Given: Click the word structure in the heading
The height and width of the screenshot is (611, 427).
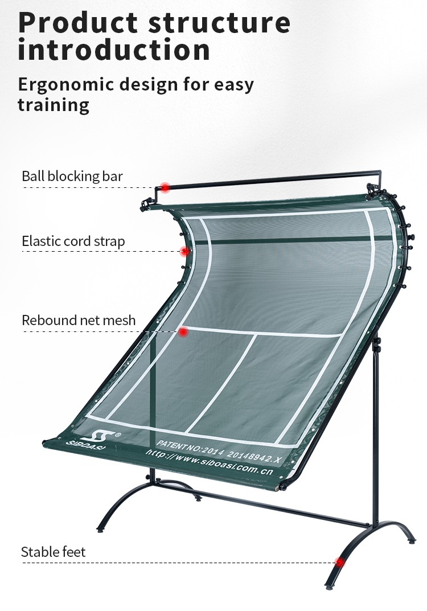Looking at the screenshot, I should click(x=220, y=23).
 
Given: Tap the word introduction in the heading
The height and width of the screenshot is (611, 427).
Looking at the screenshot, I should click(x=114, y=50).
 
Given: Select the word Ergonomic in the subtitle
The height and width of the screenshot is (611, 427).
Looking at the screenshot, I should click(x=66, y=85).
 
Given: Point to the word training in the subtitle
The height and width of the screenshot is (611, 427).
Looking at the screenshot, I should click(x=54, y=105).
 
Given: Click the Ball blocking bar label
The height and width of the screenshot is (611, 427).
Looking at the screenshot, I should click(x=72, y=176).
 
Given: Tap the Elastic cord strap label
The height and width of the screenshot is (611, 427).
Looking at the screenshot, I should click(x=73, y=241).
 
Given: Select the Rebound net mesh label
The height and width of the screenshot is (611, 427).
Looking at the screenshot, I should click(x=79, y=320).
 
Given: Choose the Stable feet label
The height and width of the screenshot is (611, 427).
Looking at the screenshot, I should click(x=53, y=552).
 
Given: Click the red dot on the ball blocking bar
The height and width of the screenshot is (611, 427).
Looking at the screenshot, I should click(x=165, y=187).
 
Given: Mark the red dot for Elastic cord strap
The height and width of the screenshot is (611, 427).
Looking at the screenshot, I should click(x=184, y=251).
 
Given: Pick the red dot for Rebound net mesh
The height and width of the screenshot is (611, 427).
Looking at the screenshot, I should click(x=183, y=331).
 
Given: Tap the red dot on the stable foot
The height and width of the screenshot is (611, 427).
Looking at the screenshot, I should click(x=340, y=563).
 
